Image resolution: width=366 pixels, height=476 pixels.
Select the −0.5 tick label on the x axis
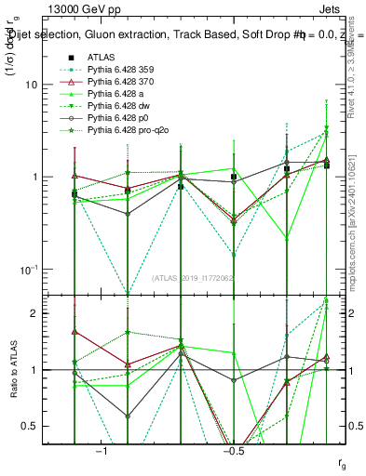click(233, 451)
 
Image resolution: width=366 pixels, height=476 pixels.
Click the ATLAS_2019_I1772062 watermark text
click(194, 278)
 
